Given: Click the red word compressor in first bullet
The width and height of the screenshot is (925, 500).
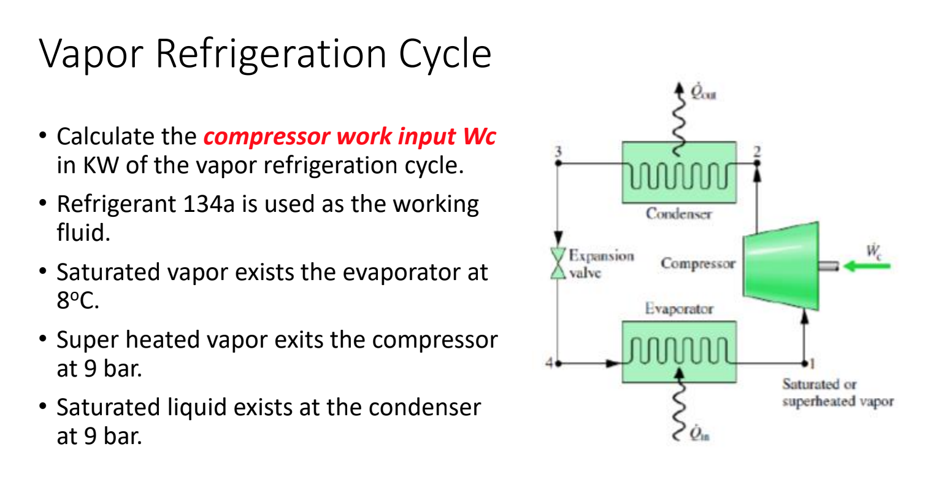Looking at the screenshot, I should (x=266, y=136).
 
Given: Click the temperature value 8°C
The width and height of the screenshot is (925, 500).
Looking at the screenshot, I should (x=77, y=301).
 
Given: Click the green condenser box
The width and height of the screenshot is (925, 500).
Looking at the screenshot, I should (x=678, y=173).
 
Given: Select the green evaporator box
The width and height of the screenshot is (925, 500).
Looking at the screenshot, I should (x=678, y=353).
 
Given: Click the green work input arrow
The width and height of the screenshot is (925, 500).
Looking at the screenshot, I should (x=867, y=266).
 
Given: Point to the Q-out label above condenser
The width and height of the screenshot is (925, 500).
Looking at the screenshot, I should (x=703, y=93).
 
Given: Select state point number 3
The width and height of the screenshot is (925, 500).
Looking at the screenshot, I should (x=558, y=151).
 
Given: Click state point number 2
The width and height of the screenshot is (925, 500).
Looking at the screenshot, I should (x=757, y=151).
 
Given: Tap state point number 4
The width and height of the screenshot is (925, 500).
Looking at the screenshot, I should (x=549, y=363).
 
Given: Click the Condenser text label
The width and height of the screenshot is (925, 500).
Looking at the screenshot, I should (x=678, y=214).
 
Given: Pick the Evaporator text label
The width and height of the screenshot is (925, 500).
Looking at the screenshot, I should (x=678, y=309).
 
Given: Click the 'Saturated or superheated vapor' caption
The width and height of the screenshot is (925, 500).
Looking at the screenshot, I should (x=837, y=393).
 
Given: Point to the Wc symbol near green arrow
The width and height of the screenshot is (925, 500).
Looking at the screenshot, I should (x=873, y=251).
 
